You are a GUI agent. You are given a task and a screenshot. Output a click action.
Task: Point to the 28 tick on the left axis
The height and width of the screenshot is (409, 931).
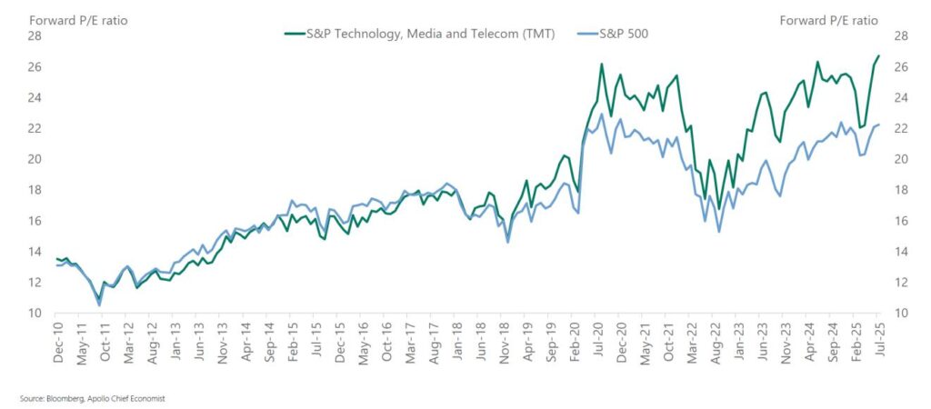35,35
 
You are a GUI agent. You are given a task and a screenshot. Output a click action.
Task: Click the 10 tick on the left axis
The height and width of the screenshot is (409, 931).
35,314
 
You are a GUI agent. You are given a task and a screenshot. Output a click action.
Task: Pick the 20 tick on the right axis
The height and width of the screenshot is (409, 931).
902,159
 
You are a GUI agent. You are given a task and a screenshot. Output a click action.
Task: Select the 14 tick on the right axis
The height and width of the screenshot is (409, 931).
902,252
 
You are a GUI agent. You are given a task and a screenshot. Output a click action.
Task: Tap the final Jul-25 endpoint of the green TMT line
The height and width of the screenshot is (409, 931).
878,56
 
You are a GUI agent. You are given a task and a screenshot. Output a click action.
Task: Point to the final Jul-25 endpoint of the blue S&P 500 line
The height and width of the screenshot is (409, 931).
878,125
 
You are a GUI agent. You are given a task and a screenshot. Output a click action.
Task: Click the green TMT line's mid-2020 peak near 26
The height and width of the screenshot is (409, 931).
602,64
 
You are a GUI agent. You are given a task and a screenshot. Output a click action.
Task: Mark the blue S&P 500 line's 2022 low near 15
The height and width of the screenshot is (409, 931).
719,231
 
